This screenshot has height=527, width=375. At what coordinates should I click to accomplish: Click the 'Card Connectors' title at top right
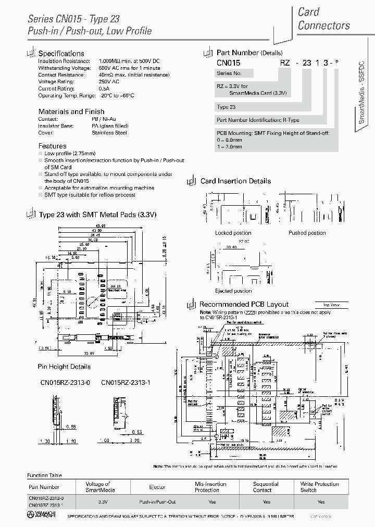click(323, 18)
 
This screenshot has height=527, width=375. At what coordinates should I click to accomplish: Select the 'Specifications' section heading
click(61, 53)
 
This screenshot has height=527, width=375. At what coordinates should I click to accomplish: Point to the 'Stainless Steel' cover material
click(109, 133)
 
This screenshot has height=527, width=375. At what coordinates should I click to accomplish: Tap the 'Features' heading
click(52, 146)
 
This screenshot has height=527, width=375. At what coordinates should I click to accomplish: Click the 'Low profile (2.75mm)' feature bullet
click(70, 154)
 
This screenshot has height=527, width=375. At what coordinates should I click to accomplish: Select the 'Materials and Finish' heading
click(71, 111)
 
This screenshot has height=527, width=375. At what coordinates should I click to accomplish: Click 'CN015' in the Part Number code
click(228, 62)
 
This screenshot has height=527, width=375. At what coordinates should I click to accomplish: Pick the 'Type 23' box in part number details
click(226, 107)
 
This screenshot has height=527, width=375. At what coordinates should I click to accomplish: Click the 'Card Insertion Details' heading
click(235, 181)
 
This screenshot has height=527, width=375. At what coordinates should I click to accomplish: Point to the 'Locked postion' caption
click(233, 233)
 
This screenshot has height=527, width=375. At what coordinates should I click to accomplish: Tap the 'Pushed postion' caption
click(307, 233)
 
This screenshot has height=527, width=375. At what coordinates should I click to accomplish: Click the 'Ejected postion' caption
click(233, 291)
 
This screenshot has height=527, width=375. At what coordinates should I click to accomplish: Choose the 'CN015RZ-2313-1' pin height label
click(126, 383)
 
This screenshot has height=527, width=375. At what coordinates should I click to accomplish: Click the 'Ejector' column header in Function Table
click(157, 487)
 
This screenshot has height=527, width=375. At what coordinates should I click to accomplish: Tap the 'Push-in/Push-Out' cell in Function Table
click(157, 501)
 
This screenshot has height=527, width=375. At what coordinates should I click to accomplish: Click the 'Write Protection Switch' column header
click(319, 487)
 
